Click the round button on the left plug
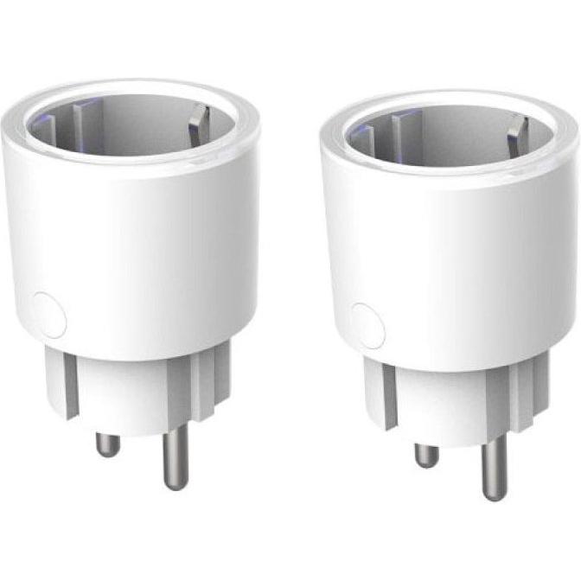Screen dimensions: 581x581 tap(48, 315)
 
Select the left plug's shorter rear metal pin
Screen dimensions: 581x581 tap(107, 443)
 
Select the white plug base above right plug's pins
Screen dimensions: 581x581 tap(450, 406)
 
